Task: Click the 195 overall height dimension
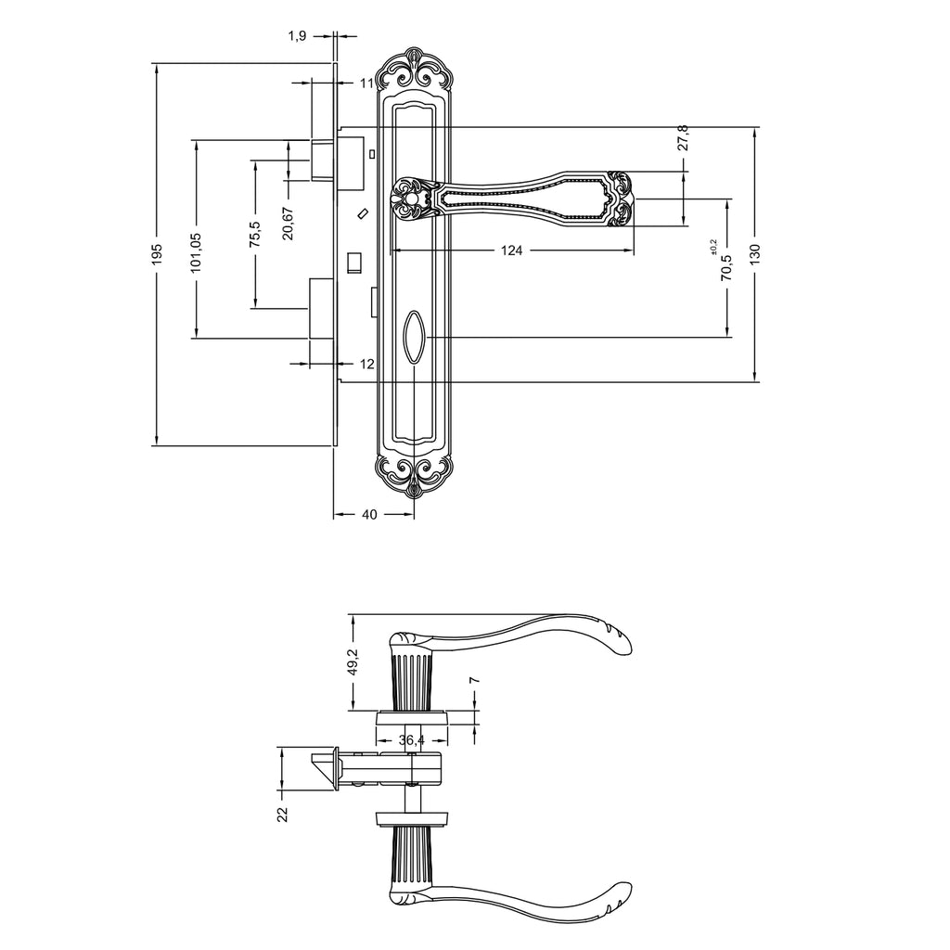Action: click(158, 254)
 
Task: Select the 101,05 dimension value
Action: click(197, 252)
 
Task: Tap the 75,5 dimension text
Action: click(255, 234)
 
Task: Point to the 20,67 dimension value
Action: click(288, 224)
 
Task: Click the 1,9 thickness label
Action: click(297, 36)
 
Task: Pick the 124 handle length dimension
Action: click(511, 250)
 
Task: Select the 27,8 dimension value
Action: click(683, 138)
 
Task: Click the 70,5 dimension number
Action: click(726, 267)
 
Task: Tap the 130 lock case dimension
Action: click(754, 254)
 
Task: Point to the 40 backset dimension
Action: click(369, 514)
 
